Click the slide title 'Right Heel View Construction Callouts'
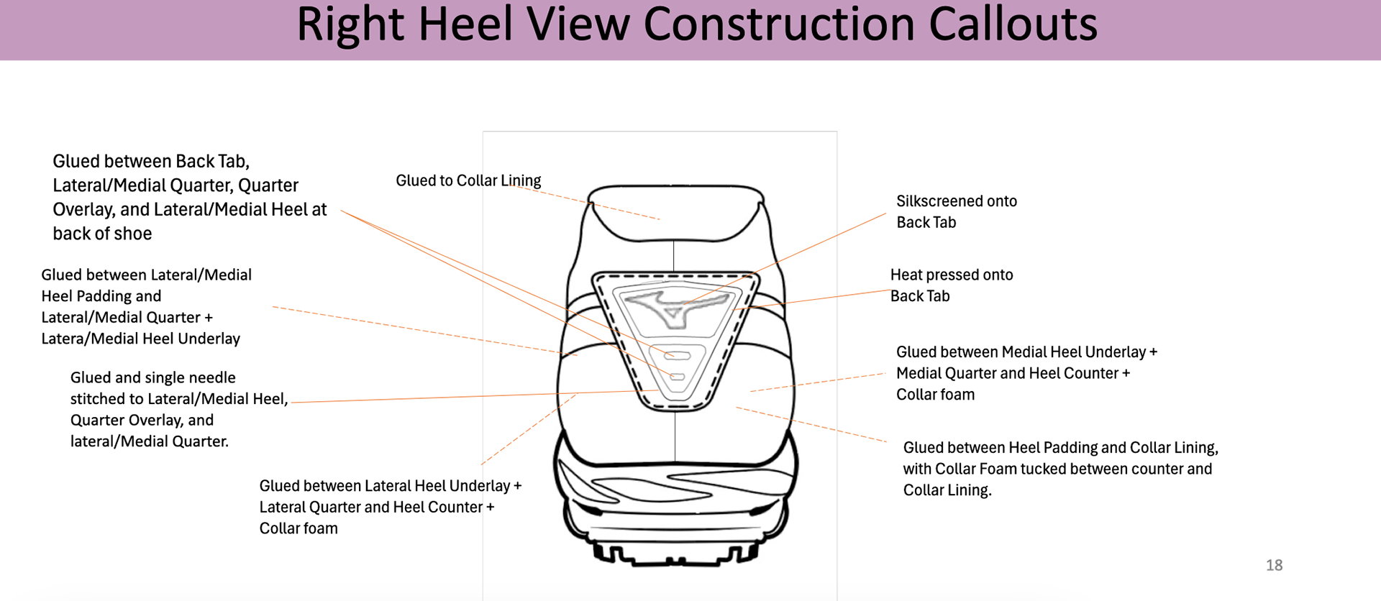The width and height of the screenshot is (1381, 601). click(x=696, y=24)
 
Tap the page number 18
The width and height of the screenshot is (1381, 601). click(x=1274, y=565)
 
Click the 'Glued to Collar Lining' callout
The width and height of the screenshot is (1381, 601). click(x=468, y=180)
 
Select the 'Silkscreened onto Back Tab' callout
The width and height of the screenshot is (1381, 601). click(x=956, y=211)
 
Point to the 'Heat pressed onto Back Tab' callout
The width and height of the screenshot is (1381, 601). click(x=951, y=285)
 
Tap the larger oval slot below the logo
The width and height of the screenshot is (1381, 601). click(x=677, y=355)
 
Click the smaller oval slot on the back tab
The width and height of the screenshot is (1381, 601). click(x=677, y=377)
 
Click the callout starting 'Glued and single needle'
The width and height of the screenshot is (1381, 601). click(x=178, y=409)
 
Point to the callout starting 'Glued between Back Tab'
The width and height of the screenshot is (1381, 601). click(x=189, y=197)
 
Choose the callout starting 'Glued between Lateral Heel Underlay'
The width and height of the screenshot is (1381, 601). click(x=390, y=507)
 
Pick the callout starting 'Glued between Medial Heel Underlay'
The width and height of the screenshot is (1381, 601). click(x=1026, y=373)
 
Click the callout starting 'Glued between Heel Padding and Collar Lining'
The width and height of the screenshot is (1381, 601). click(x=1060, y=469)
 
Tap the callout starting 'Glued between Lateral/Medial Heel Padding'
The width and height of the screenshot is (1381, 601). click(x=146, y=306)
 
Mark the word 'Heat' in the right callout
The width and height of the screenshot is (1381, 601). click(x=906, y=275)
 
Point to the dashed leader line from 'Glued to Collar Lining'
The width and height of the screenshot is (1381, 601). click(x=590, y=202)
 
